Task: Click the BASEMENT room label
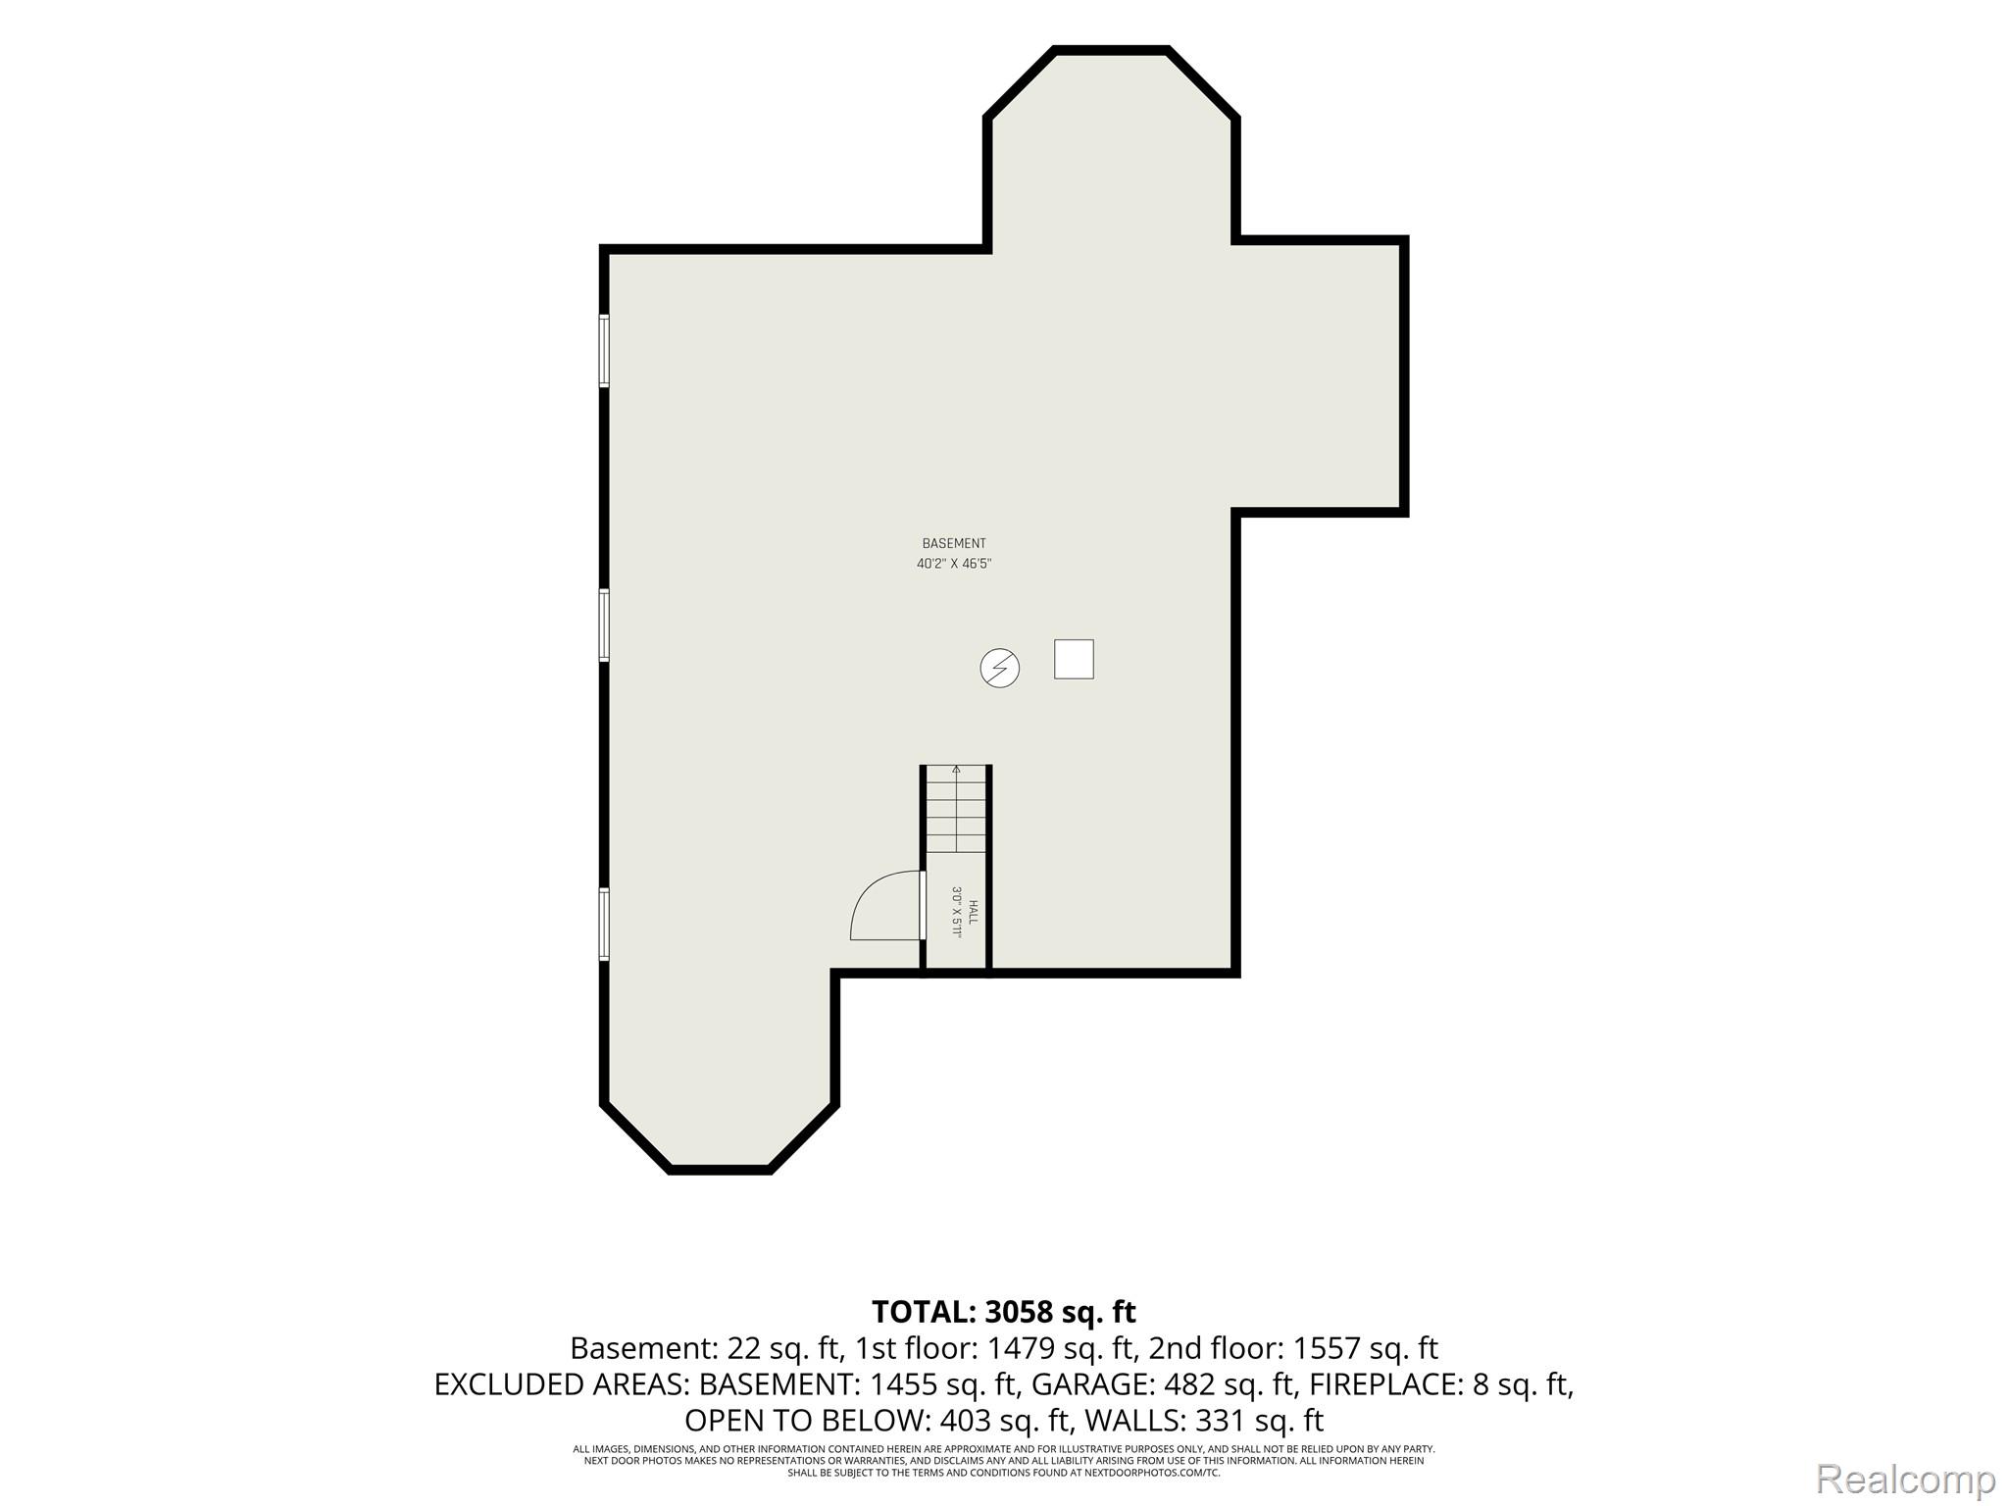pos(954,543)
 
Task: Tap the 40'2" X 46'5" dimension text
pos(954,564)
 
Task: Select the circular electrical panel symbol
pos(1000,669)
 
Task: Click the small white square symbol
pos(1074,659)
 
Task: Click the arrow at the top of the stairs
pos(956,775)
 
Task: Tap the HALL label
pos(973,913)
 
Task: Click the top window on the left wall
pos(604,351)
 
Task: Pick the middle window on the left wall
pos(604,626)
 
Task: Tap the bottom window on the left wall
pos(604,924)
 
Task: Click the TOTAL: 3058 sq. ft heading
pos(1004,1311)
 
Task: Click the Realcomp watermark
pos(1905,1479)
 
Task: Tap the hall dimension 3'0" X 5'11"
pos(957,913)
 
